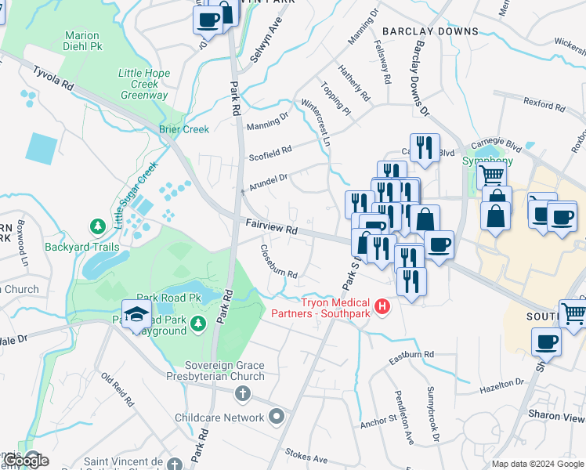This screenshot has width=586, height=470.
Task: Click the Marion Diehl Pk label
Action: point(82,42)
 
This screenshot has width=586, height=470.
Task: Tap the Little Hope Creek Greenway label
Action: point(144,85)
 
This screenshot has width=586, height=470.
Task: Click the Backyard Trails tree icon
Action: point(98,227)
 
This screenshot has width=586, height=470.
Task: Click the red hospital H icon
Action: point(382,305)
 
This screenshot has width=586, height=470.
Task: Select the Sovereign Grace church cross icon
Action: point(243,392)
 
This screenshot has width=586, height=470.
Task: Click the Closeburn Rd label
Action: point(279,264)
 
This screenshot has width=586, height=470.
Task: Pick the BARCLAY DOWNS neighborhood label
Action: point(430,31)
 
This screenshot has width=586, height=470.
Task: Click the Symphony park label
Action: point(489,161)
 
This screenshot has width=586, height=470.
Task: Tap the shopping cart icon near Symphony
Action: point(491,175)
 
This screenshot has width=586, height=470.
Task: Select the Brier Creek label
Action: point(184,129)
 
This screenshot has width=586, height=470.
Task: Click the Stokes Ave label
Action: point(306,453)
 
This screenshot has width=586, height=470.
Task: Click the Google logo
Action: point(26,460)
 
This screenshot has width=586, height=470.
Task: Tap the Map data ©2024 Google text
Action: point(537,464)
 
